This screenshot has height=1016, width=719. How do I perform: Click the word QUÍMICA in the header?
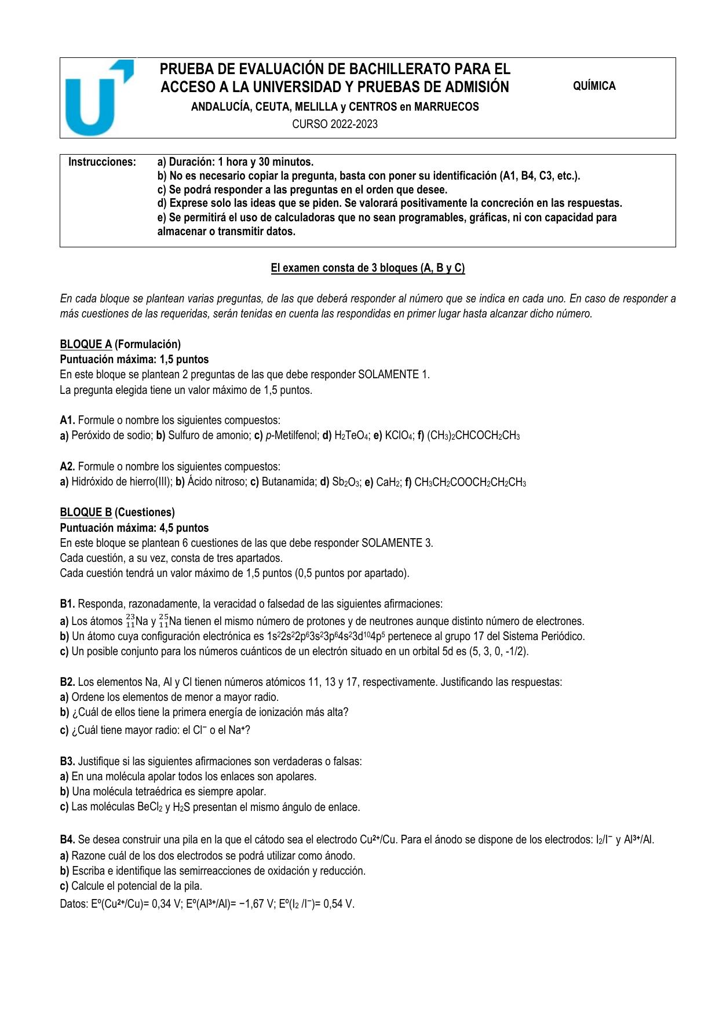click(594, 86)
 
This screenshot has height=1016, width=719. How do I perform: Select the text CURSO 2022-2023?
click(334, 124)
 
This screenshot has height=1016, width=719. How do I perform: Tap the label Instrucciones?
click(102, 162)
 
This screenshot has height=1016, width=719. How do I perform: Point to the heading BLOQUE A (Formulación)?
click(121, 344)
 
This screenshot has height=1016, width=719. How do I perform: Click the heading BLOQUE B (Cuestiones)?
click(117, 512)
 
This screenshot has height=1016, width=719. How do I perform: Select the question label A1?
click(67, 420)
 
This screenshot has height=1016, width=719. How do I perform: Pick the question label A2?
click(67, 466)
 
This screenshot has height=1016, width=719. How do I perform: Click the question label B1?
click(67, 604)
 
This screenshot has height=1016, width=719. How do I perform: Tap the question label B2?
click(67, 682)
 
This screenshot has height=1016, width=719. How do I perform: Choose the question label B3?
click(67, 761)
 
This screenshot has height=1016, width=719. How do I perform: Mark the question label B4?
click(67, 839)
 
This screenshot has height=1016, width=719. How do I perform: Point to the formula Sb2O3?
click(346, 482)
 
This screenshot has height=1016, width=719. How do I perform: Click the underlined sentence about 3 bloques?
click(368, 268)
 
